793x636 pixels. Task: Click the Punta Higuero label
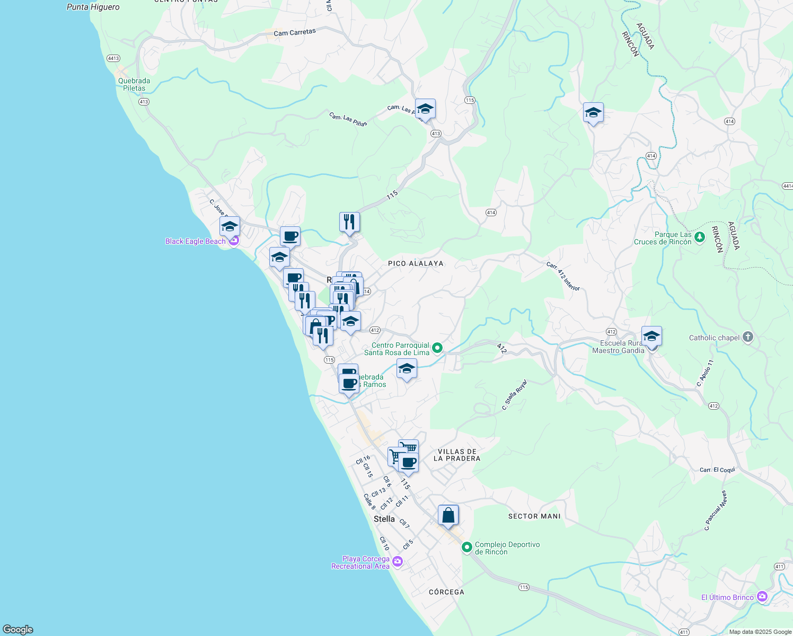[x=93, y=7]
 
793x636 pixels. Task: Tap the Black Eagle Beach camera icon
[x=233, y=241]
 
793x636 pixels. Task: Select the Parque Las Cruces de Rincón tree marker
[x=700, y=237]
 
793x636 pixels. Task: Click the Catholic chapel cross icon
[x=747, y=338]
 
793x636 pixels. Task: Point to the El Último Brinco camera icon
[x=762, y=597]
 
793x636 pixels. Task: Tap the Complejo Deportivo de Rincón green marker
[x=467, y=547]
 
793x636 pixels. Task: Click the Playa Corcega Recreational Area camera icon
[x=398, y=562]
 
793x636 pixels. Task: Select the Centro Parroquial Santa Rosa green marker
[x=437, y=348]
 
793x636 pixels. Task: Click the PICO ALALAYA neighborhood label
[x=416, y=263]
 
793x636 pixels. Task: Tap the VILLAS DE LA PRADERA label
[x=457, y=455]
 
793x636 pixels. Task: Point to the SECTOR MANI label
[x=534, y=516]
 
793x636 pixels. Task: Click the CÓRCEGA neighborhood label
[x=446, y=592]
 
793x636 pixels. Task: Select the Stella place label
[x=384, y=519]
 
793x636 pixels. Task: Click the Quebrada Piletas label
[x=134, y=84]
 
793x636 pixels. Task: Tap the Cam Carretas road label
[x=295, y=33]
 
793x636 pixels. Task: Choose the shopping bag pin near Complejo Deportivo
[x=448, y=515]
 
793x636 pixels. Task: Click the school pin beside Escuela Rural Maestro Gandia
[x=651, y=337]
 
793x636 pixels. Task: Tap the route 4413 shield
[x=113, y=58]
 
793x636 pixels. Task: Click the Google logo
[x=18, y=630]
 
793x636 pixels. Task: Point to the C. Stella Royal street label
[x=515, y=394]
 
